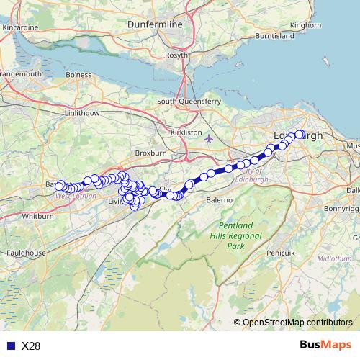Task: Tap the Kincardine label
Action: pos(20,27)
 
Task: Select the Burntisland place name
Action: pos(274,35)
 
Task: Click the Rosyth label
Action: pos(177,55)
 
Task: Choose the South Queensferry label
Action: pos(189,102)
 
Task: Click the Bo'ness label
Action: pos(78,74)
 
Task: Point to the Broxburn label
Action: pos(150,153)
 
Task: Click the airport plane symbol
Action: pos(209,138)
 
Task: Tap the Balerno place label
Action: pos(219,199)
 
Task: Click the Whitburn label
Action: pos(33,216)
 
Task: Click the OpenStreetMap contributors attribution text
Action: pos(297,323)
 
